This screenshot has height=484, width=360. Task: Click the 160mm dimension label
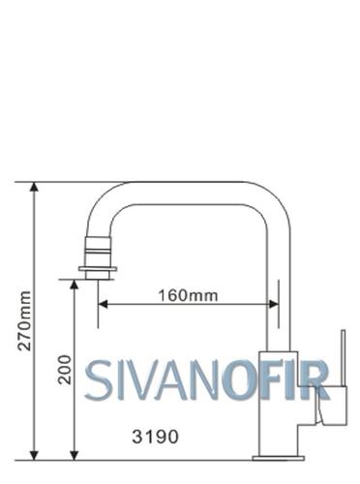coord(188,295)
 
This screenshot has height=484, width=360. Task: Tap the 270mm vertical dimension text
coord(24,321)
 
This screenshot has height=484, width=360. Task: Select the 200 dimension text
coord(64,370)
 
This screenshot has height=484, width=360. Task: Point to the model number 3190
coord(155,437)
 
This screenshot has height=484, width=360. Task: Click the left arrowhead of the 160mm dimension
coord(103,304)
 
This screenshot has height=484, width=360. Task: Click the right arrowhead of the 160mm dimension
coord(274,304)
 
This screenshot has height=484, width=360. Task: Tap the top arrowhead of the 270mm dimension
coord(34,187)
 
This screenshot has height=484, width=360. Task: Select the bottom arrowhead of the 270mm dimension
coord(34,455)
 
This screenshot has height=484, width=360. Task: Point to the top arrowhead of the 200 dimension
coord(75,285)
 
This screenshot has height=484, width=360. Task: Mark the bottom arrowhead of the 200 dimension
coord(75,455)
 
